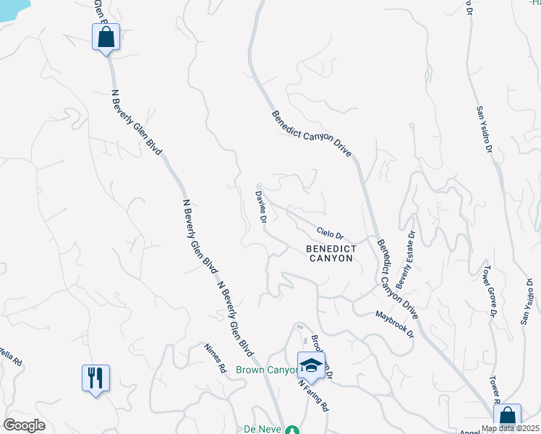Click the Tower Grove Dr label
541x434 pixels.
click(x=490, y=291)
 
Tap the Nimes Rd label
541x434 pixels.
click(x=216, y=357)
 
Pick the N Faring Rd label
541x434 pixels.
click(x=315, y=393)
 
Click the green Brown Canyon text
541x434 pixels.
click(x=266, y=370)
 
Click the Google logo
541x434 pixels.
click(x=24, y=425)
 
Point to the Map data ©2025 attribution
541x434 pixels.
click(x=511, y=428)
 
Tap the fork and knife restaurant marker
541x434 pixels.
click(x=95, y=378)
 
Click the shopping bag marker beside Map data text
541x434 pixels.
click(x=507, y=417)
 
